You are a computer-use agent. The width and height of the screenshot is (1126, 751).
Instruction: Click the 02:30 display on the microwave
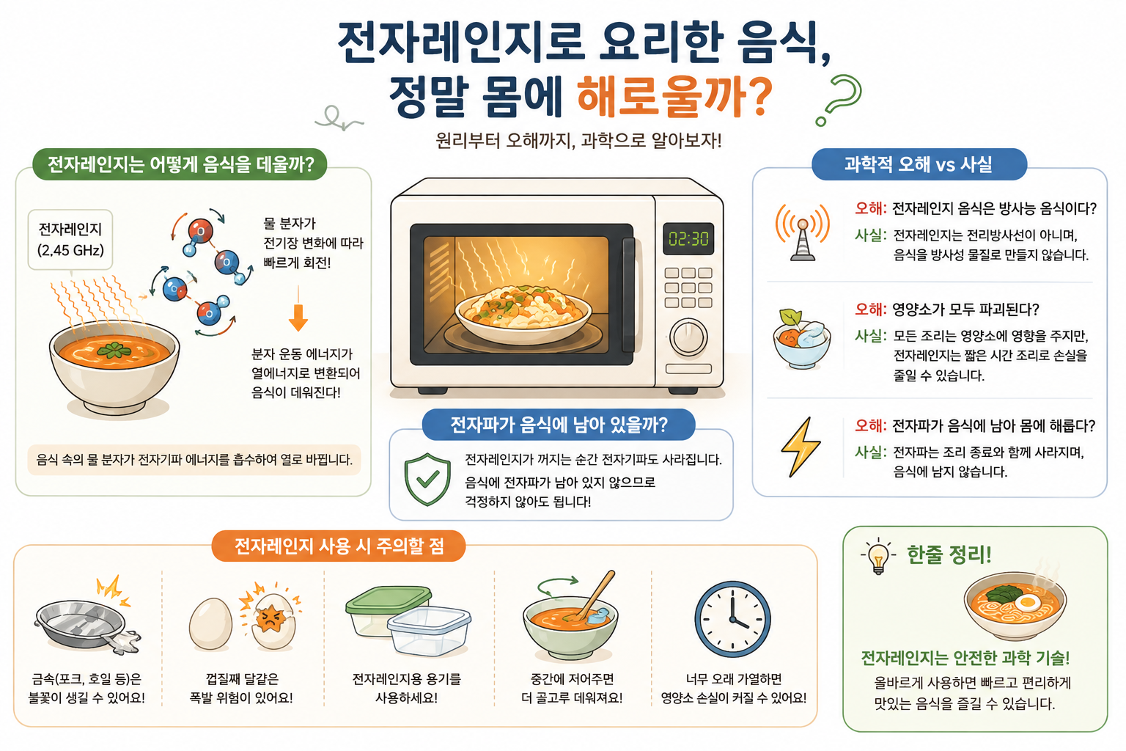(x=688, y=238)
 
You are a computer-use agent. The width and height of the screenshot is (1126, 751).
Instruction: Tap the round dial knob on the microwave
(x=688, y=337)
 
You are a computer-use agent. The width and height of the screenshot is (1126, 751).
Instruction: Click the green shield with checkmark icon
(x=427, y=479)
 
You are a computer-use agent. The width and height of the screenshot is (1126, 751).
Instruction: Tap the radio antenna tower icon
(x=802, y=232)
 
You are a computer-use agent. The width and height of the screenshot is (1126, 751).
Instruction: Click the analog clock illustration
(x=732, y=619)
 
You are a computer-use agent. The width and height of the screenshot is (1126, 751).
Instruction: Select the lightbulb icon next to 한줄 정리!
(x=878, y=556)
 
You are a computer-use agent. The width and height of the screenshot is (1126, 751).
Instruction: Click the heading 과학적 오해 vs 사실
(x=919, y=164)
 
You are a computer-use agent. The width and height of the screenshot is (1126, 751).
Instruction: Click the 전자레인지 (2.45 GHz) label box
(x=70, y=239)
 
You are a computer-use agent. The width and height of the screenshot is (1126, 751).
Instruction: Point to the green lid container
(x=387, y=609)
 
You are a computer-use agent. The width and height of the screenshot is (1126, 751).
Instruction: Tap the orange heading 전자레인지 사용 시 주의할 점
(x=339, y=546)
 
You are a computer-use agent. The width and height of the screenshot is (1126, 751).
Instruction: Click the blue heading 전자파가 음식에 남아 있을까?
(x=559, y=425)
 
